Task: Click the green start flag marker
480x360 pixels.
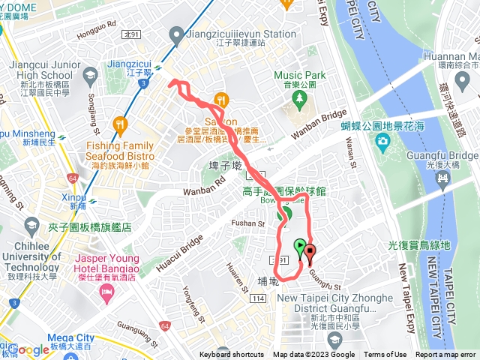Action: (300, 245)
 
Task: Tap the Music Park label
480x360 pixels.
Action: (300, 75)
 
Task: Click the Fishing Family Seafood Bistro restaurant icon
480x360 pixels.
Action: (120, 124)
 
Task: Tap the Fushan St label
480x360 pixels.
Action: (250, 223)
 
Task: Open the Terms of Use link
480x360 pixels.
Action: (385, 355)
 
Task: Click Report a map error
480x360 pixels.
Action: (446, 355)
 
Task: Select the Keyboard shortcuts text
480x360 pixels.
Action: (232, 355)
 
